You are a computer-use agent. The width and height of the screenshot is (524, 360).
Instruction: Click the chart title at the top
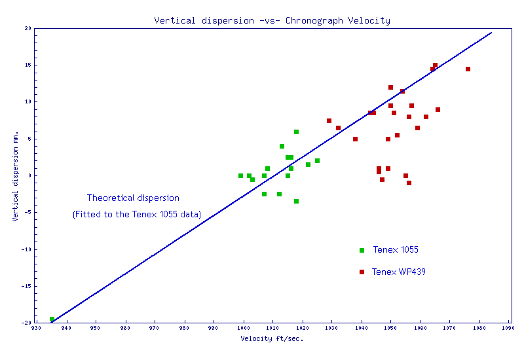(272, 20)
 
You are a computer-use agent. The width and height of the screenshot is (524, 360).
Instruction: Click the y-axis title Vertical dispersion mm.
(15, 175)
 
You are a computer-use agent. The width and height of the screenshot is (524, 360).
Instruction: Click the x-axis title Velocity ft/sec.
(272, 338)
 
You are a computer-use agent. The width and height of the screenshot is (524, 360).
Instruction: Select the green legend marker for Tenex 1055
(362, 250)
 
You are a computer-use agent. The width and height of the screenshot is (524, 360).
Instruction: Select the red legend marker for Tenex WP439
(362, 272)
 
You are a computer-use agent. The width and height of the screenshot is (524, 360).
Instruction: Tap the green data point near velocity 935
(52, 319)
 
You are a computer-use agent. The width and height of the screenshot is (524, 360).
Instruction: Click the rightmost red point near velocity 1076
(468, 69)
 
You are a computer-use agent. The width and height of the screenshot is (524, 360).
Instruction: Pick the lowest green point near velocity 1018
(296, 201)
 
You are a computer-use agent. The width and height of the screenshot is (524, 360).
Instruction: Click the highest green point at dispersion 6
(296, 132)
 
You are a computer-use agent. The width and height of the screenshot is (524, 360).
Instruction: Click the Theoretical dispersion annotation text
(133, 198)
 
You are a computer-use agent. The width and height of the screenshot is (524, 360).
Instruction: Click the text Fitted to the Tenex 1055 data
(137, 214)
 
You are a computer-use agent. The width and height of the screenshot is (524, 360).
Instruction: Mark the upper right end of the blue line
(491, 32)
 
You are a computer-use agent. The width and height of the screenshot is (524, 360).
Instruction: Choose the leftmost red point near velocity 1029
(329, 120)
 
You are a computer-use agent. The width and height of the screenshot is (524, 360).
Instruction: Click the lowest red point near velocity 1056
(409, 183)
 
